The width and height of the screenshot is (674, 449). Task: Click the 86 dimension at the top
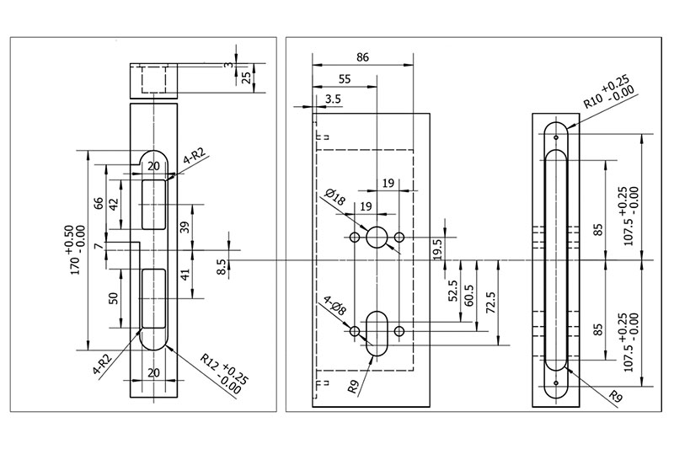tap(363, 58)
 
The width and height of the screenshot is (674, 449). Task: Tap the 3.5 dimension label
tap(333, 99)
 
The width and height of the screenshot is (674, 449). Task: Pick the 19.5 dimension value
tap(438, 249)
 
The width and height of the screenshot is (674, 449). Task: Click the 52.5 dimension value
tap(452, 291)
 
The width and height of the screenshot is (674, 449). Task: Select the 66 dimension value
tap(99, 202)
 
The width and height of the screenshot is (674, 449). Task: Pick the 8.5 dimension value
tap(222, 268)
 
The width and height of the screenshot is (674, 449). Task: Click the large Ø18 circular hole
tap(377, 238)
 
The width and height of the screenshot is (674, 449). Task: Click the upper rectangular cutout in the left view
tap(153, 204)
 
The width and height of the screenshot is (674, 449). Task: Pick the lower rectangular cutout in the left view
tap(153, 297)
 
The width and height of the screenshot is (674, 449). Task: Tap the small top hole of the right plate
tap(557, 135)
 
